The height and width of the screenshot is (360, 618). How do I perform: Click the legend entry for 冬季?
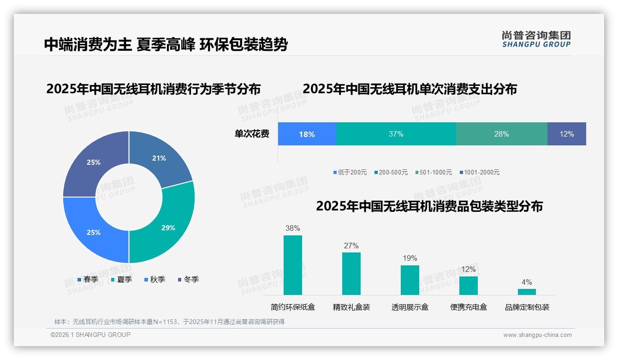click(188, 279)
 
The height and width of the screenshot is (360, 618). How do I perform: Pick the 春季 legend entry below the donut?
click(88, 279)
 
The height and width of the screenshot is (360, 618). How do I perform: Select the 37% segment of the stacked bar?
click(396, 134)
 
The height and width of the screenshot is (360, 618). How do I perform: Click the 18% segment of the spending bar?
click(307, 134)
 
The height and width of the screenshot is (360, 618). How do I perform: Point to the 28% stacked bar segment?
click(501, 134)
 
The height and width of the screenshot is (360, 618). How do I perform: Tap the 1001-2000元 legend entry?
click(479, 172)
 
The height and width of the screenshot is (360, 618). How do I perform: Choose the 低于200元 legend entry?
click(350, 172)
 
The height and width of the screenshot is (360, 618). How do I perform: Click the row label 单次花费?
click(252, 134)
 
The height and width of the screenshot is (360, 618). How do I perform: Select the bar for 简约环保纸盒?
click(292, 265)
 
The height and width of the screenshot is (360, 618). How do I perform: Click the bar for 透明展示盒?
click(410, 280)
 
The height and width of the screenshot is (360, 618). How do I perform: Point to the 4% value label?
click(527, 282)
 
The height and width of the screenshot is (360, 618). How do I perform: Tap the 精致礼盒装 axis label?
click(351, 307)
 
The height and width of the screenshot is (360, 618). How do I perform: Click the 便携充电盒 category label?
click(468, 307)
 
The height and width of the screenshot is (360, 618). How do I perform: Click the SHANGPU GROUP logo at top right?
click(536, 39)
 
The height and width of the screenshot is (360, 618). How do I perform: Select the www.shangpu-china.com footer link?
click(537, 335)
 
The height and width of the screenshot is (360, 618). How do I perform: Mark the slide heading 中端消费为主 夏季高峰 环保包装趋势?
click(166, 44)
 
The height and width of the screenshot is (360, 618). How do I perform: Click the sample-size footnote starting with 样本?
click(169, 322)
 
